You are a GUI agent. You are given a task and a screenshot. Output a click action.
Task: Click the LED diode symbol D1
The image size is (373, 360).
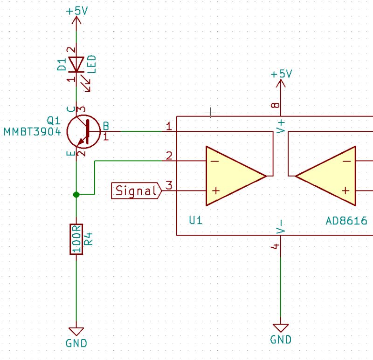76,64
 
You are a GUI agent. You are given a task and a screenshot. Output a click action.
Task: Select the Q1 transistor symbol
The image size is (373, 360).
83,131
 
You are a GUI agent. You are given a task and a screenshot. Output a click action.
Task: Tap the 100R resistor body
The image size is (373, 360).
76,239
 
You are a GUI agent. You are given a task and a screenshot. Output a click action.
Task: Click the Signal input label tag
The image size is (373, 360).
136,190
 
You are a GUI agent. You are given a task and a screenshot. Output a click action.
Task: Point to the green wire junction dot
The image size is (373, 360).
76,194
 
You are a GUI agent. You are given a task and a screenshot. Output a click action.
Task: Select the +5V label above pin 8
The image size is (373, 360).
281,74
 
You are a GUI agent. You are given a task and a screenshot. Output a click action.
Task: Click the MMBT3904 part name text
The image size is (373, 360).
32,132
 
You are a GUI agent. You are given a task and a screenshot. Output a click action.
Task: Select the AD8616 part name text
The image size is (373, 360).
346,220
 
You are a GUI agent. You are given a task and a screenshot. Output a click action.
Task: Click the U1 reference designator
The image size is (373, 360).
196,220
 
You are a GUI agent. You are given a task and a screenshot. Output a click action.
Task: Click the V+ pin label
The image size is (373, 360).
281,126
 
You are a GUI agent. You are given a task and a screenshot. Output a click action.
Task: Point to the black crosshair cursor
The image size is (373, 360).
211,112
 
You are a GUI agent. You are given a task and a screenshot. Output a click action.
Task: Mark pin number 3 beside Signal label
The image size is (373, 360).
169,185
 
